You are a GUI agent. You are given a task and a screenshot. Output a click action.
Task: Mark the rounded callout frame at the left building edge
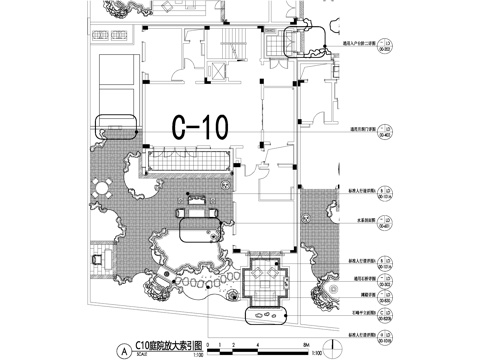[x=115, y=127]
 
